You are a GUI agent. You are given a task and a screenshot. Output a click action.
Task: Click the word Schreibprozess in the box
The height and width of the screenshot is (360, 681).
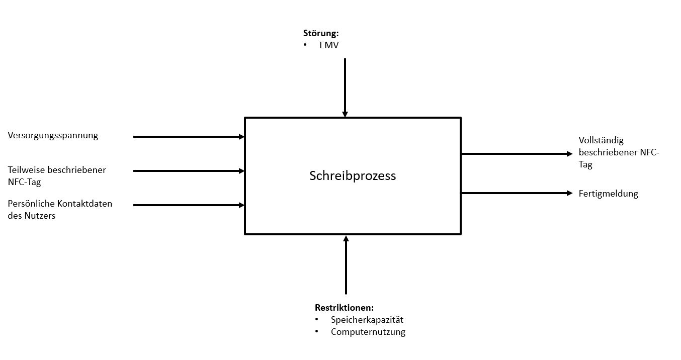[x=352, y=176]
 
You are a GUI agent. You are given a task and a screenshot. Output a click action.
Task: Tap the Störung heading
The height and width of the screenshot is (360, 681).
[x=321, y=34]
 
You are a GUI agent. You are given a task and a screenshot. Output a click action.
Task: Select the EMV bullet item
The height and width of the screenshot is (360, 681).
[x=329, y=46]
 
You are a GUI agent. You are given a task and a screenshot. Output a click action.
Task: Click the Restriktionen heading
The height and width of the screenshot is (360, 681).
[x=345, y=308]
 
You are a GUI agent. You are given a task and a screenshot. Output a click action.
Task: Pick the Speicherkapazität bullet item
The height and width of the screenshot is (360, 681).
[x=367, y=320]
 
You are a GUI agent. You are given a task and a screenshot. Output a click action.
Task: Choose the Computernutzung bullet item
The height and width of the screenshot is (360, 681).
[x=368, y=332]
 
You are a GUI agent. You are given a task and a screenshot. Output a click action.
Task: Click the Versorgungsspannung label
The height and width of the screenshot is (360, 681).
[x=53, y=135]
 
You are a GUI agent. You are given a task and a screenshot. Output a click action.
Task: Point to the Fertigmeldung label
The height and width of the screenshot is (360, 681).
[x=608, y=194]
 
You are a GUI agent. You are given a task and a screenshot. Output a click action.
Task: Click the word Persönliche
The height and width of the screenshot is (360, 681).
[x=31, y=204]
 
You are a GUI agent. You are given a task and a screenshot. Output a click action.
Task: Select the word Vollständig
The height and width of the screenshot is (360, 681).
[x=601, y=141]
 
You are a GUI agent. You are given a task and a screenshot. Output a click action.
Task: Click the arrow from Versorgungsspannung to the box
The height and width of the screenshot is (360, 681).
[x=189, y=136]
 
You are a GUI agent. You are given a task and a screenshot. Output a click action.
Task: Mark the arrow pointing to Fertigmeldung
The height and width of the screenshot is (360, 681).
[x=517, y=193]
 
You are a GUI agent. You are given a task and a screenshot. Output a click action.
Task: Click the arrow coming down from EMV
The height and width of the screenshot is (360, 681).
[x=345, y=87]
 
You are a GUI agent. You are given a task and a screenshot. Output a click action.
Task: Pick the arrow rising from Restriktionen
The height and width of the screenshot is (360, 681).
[x=346, y=264]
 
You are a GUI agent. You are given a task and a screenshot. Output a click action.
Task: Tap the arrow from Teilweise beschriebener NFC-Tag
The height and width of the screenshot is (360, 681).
[x=189, y=171]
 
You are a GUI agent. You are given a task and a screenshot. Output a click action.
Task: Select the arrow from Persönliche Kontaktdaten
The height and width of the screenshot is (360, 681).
[x=189, y=205]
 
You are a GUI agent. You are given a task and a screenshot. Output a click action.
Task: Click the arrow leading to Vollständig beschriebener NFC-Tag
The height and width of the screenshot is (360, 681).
[x=517, y=154]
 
